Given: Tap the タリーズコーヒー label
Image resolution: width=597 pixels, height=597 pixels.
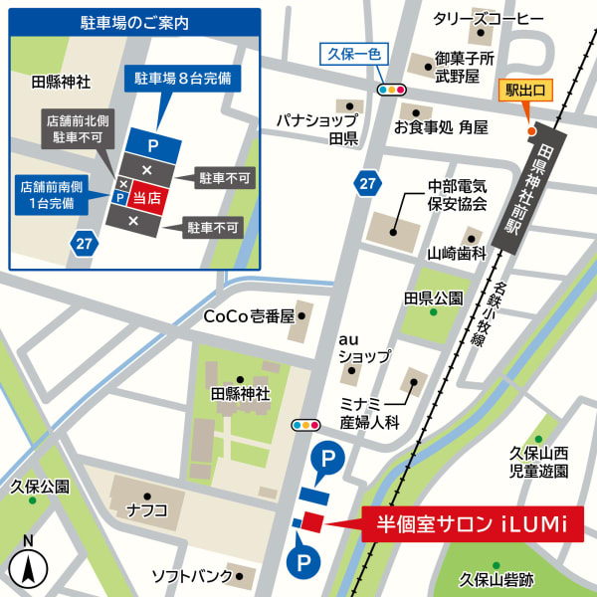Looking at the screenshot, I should pos(489,19).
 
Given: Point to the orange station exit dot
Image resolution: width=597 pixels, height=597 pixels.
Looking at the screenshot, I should pos(530,130).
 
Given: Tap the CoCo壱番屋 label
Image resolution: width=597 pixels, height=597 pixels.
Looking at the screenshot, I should pos(250,316).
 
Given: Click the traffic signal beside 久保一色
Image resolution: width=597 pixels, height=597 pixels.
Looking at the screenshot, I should pos(391,90).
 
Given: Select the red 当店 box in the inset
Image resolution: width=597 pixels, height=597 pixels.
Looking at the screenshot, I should pos(147,199).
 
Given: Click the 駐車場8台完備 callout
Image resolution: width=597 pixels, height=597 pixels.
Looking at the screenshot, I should pos(183,78).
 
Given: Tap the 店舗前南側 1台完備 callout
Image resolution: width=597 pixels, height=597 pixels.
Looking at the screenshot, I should pos(47,194).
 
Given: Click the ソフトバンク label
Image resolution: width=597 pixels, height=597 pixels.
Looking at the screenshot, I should pos(190,576).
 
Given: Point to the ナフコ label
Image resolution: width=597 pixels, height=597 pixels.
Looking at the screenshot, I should pos(147,510).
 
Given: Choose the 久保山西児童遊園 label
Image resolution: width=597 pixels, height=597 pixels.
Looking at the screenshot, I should pos(539,462).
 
